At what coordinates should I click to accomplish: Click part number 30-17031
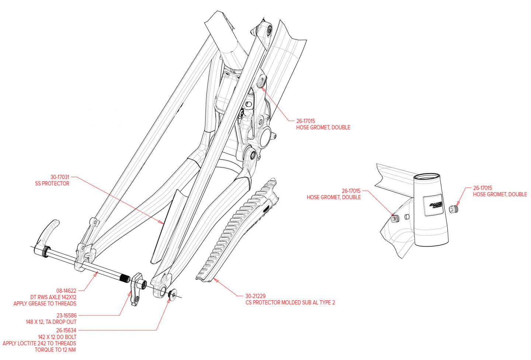tap(60, 177)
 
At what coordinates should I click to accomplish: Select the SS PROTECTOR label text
tap(52, 184)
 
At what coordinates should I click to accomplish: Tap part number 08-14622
tap(66, 291)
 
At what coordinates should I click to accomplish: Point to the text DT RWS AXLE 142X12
tap(53, 297)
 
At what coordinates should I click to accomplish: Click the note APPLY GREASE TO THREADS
tap(45, 304)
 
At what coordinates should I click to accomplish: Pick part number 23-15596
tap(67, 315)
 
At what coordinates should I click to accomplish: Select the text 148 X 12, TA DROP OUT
tap(51, 322)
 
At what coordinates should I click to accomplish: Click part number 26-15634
tap(66, 330)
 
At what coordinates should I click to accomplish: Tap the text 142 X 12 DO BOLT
tap(57, 337)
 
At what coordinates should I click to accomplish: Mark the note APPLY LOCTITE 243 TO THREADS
tap(39, 343)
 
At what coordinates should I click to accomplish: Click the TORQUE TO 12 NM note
tap(55, 350)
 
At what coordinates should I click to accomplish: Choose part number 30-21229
tap(256, 296)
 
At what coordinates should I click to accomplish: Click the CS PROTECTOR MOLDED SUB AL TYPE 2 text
tap(290, 302)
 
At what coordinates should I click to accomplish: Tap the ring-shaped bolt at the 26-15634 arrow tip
tap(173, 295)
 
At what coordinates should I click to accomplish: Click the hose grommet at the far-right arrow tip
tap(453, 209)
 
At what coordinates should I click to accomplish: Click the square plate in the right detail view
tap(433, 205)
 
